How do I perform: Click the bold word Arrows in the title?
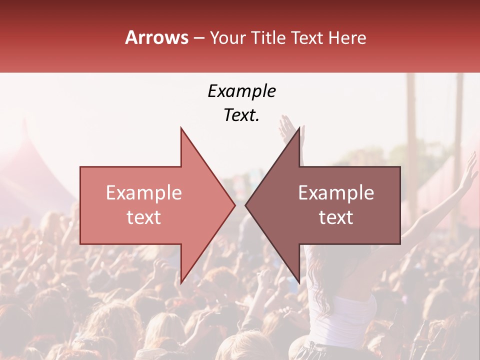click(x=156, y=37)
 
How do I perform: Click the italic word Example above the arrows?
click(x=241, y=91)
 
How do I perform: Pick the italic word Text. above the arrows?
click(x=241, y=115)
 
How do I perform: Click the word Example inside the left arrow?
click(x=143, y=193)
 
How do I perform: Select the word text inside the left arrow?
click(x=143, y=217)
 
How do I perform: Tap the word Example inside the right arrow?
click(x=336, y=193)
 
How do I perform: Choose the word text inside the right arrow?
click(x=336, y=217)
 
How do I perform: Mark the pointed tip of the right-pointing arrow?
click(x=235, y=205)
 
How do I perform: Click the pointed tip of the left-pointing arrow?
click(x=245, y=205)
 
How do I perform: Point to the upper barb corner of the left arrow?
click(x=181, y=128)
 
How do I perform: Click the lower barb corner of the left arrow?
click(x=181, y=282)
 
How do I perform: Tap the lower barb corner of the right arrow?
click(x=299, y=282)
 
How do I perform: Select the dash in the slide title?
click(x=198, y=38)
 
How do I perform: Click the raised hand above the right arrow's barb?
click(x=288, y=127)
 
